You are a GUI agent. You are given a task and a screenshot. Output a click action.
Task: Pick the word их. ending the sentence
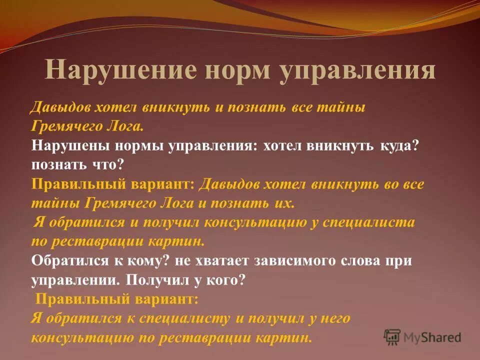[285, 203]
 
